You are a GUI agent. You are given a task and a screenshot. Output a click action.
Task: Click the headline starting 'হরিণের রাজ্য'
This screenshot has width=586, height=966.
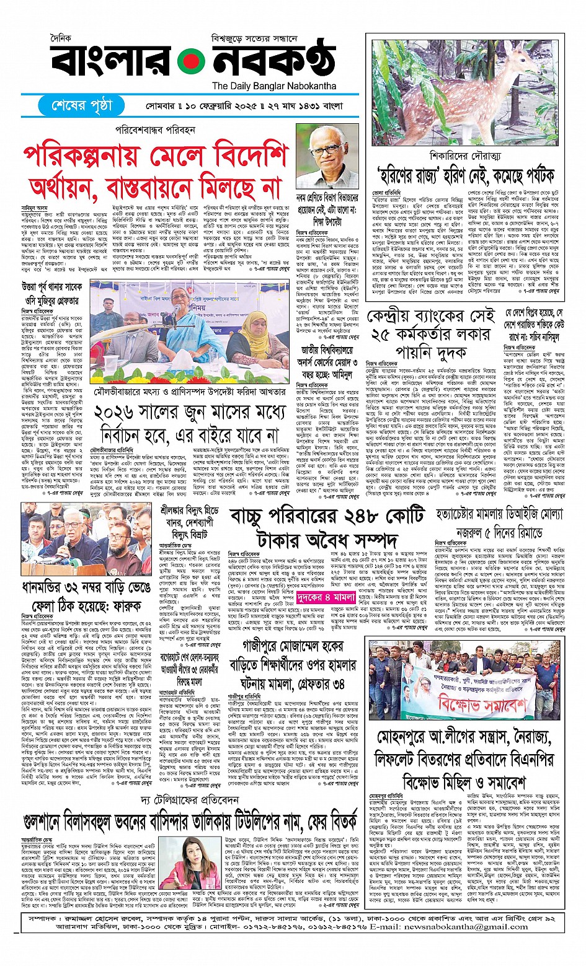(x=465, y=176)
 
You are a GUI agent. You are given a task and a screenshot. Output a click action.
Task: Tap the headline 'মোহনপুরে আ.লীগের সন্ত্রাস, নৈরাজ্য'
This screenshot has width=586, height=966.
(x=464, y=737)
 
